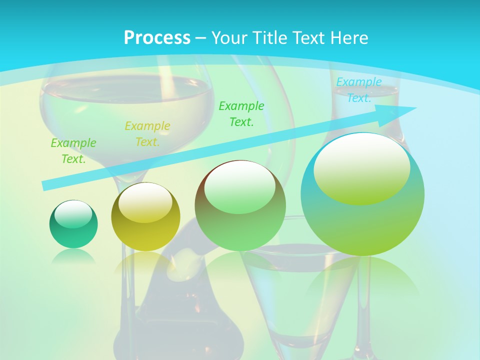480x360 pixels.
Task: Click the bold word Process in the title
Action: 157,38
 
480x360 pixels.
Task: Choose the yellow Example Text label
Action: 147,134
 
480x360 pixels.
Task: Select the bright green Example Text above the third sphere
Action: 241,114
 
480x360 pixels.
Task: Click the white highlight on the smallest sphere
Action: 73,213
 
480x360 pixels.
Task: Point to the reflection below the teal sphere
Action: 73,256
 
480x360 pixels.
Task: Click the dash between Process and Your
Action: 200,38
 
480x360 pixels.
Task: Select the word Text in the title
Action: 305,38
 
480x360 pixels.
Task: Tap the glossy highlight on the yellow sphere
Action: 145,201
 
